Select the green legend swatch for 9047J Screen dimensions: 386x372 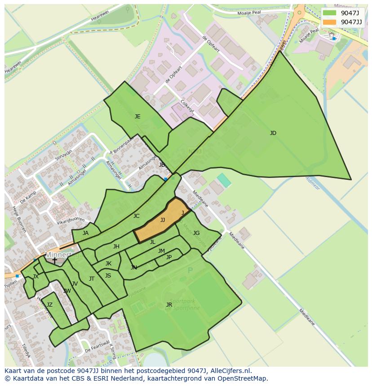[x=329, y=13]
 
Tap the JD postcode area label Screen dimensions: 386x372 [x=273, y=133]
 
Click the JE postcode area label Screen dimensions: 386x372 [x=137, y=117]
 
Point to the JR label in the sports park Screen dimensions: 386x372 [x=169, y=305]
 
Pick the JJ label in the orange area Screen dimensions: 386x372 [x=163, y=220]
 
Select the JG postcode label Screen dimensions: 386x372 [x=196, y=233]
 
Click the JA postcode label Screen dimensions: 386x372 [x=85, y=233]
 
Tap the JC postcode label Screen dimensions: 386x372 [x=136, y=216]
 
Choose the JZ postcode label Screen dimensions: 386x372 [x=49, y=305]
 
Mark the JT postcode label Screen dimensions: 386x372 [x=92, y=279]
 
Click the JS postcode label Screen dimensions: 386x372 [x=108, y=276]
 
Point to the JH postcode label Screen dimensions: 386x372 [x=116, y=247]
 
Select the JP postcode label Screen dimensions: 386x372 [x=169, y=257]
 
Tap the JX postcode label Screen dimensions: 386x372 [x=35, y=277]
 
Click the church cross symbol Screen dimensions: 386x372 [x=54, y=260]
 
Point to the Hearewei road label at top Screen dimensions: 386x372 [x=100, y=16]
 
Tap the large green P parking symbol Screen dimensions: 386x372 [x=190, y=270]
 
